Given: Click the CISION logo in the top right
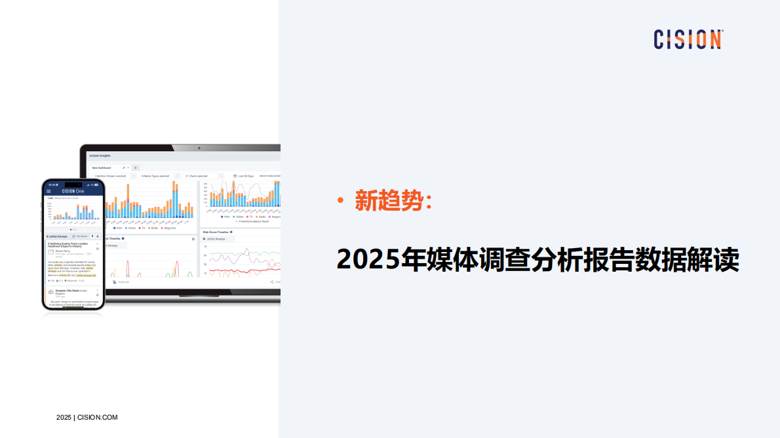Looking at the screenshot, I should point(688,39).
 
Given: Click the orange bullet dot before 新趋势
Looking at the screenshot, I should point(340,200).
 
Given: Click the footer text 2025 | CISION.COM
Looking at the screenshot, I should point(87,417).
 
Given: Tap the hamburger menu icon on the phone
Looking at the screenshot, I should point(49,191).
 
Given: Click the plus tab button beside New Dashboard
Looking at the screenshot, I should point(135,168).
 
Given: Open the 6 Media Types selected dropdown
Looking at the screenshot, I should point(158,176).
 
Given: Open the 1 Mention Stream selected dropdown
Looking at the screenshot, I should point(112,176).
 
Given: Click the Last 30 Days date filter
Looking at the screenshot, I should point(246,176).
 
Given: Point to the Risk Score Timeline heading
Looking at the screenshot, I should point(217,232).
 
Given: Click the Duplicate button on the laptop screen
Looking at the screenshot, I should point(122,282).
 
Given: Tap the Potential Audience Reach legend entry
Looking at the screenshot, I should point(252,221).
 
